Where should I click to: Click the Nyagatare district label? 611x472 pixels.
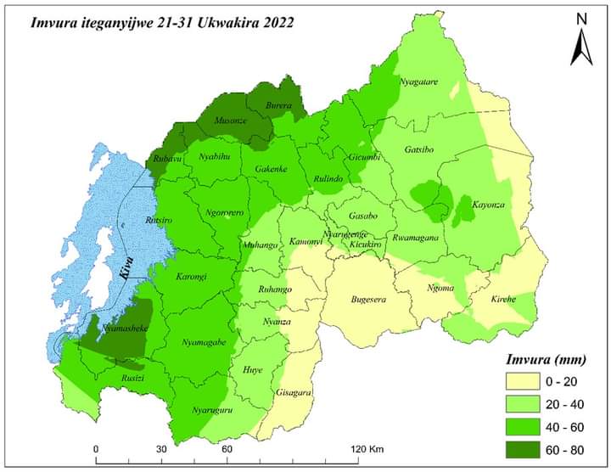pyautogui.click(x=418, y=81)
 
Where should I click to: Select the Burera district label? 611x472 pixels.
pyautogui.click(x=277, y=106)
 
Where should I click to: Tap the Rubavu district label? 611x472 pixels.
pyautogui.click(x=168, y=159)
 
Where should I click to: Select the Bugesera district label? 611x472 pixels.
pyautogui.click(x=369, y=299)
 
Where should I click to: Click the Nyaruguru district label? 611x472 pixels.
pyautogui.click(x=210, y=410)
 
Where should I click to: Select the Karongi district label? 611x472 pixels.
pyautogui.click(x=192, y=277)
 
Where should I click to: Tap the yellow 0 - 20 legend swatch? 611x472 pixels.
pyautogui.click(x=524, y=379)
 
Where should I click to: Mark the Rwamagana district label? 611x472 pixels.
pyautogui.click(x=419, y=238)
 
